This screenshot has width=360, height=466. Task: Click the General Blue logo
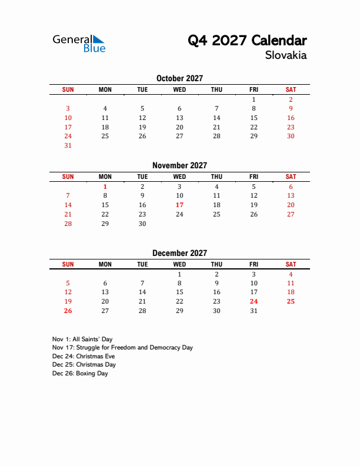point(79,43)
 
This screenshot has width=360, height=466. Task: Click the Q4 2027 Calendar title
point(247,41)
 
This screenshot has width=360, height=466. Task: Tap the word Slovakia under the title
point(286,56)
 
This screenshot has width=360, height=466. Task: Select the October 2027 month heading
point(179,78)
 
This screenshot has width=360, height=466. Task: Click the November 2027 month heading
point(179,166)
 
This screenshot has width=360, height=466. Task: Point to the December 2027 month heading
point(179,253)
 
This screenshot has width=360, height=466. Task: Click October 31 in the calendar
point(68,145)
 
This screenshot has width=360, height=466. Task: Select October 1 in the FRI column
point(254,99)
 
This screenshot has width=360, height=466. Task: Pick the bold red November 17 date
point(179,205)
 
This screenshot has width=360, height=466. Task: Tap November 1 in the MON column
point(105,187)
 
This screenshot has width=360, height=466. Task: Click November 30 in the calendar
point(142,224)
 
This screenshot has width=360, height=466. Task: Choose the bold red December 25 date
point(291,301)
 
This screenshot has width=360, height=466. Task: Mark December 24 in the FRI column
point(254,301)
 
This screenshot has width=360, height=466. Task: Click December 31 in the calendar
point(254,311)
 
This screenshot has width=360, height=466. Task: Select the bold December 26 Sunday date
point(68,311)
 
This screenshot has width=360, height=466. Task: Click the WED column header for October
point(179,89)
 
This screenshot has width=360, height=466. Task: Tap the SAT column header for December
point(291,264)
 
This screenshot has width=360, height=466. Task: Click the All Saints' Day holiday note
point(82,339)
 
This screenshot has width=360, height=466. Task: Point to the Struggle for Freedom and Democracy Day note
point(122,348)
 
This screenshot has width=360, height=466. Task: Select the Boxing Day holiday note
point(80,374)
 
